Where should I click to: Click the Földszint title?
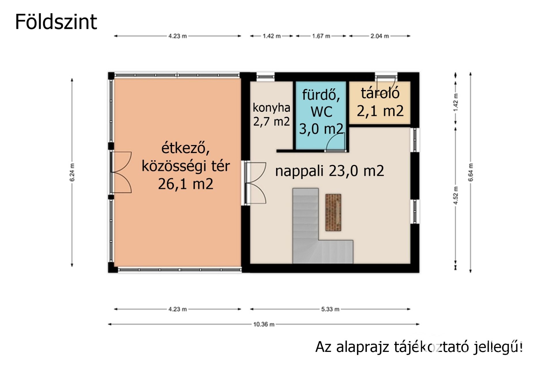pos(56,22)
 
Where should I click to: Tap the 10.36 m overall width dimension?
pos(264,324)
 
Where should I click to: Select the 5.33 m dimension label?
pos(330,309)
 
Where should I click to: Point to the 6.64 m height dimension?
pos(470,172)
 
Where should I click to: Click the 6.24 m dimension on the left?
pos(72,172)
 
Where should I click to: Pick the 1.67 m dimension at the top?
pos(321,36)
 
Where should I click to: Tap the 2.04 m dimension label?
pos(380,36)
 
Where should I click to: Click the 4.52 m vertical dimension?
pos(456,195)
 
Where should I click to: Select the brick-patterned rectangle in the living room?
pos(333,212)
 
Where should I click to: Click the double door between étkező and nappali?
pos(255,183)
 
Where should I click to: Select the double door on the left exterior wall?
pos(121,172)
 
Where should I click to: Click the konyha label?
pos(271,108)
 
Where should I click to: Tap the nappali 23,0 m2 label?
pos(329,171)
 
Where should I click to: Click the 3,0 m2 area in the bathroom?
pos(321,129)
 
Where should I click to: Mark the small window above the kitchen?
pos(266,77)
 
